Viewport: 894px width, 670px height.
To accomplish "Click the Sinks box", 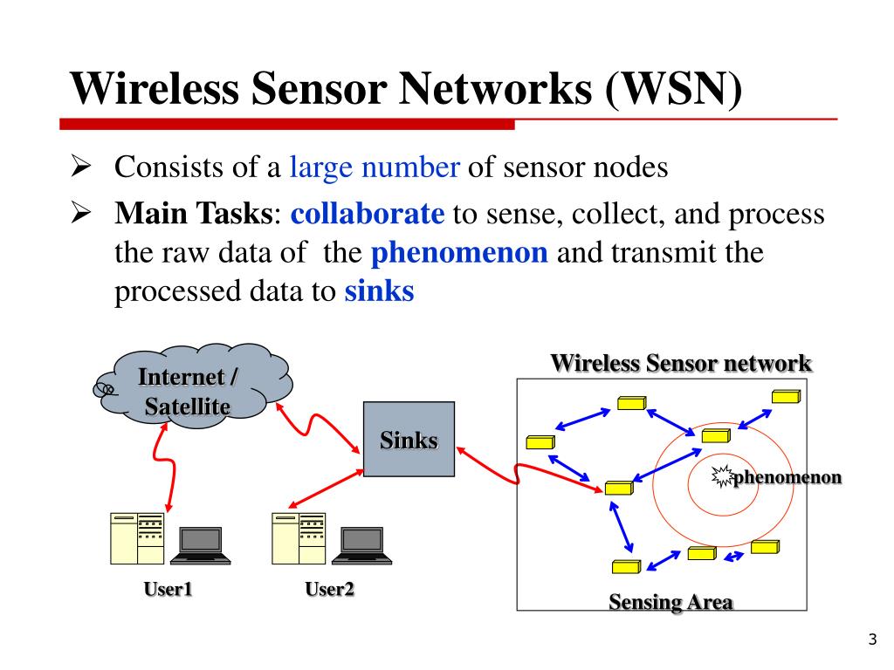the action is pyautogui.click(x=409, y=439).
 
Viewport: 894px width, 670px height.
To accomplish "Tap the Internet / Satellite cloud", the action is pyautogui.click(x=194, y=385).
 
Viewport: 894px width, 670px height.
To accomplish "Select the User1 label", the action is pyautogui.click(x=168, y=589).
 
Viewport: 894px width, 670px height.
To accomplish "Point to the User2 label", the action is pyautogui.click(x=329, y=589).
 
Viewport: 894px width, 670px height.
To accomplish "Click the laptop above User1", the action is pyautogui.click(x=200, y=546).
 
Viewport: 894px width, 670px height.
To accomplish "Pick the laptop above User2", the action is pyautogui.click(x=361, y=546).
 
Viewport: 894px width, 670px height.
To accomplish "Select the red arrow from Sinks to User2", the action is pyautogui.click(x=326, y=489).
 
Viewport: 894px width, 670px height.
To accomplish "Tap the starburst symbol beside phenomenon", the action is pyautogui.click(x=722, y=476).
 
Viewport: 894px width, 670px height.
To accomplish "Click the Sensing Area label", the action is pyautogui.click(x=670, y=602).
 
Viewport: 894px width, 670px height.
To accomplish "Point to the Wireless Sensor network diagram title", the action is pyautogui.click(x=681, y=363).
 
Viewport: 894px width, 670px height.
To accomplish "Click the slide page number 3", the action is pyautogui.click(x=872, y=639).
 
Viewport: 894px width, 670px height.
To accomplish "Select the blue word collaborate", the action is pyautogui.click(x=368, y=214).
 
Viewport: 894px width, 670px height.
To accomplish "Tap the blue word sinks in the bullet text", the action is pyautogui.click(x=379, y=291).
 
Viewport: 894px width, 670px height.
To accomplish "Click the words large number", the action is pyautogui.click(x=375, y=167).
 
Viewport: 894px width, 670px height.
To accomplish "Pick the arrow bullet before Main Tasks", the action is pyautogui.click(x=81, y=213).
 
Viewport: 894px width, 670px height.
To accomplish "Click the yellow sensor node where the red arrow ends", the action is pyautogui.click(x=619, y=488).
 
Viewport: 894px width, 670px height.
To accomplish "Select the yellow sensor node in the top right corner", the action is pyautogui.click(x=787, y=397).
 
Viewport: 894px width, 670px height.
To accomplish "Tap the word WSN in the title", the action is pyautogui.click(x=673, y=89).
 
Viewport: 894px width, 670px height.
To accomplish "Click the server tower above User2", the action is pyautogui.click(x=299, y=538).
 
